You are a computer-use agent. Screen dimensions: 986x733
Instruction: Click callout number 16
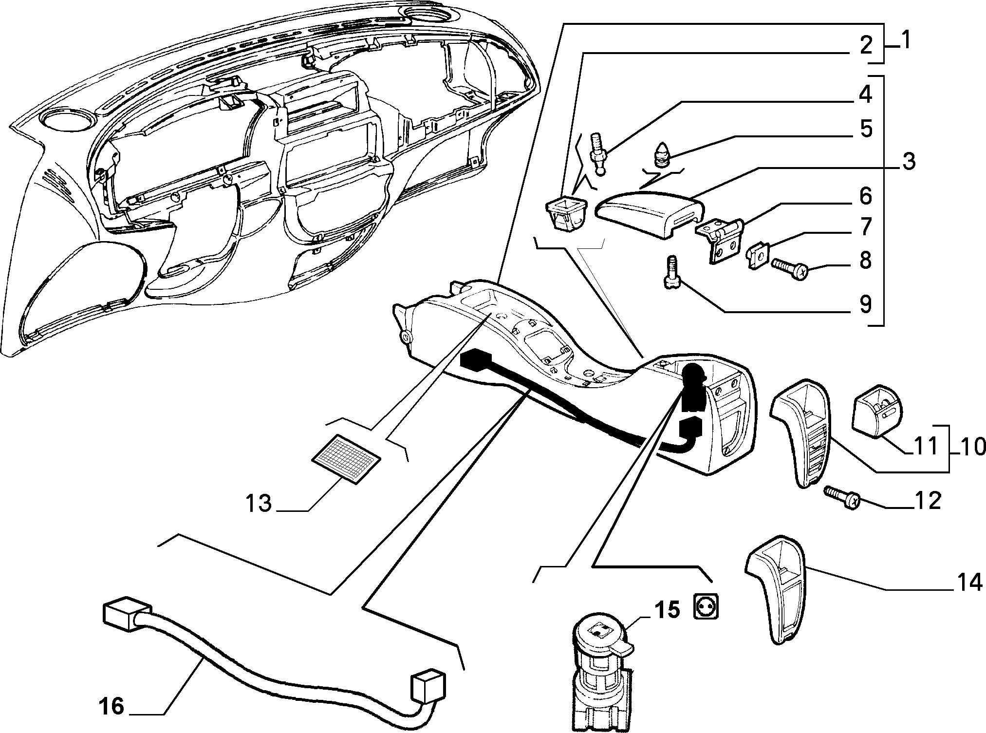click(x=112, y=706)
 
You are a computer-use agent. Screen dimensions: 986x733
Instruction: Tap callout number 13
click(x=258, y=504)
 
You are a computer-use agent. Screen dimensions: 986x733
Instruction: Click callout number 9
click(x=865, y=304)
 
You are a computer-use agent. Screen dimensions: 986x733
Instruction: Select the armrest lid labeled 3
click(x=650, y=213)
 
